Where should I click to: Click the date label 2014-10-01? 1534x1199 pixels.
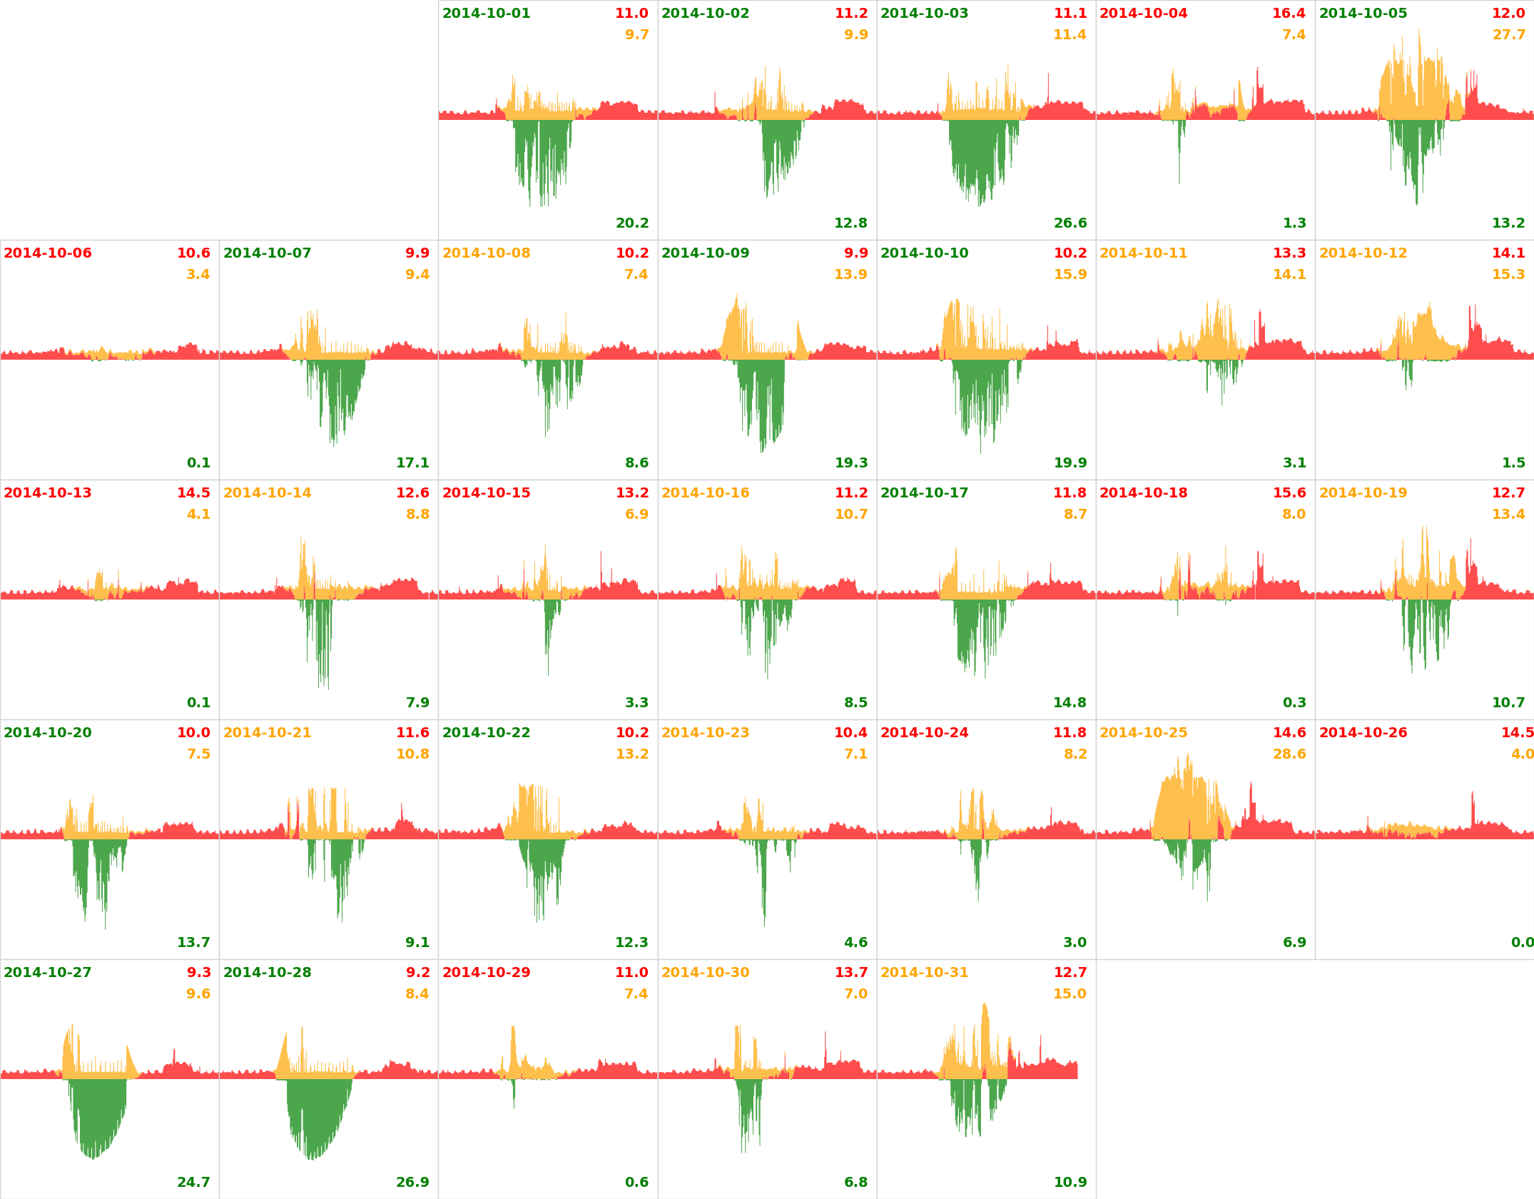click(x=486, y=14)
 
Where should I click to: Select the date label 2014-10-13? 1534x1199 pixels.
click(x=48, y=493)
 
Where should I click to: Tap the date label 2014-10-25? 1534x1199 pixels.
click(x=1143, y=733)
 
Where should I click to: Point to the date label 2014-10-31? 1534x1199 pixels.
click(x=924, y=973)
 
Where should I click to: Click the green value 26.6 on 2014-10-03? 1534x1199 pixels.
click(x=1070, y=223)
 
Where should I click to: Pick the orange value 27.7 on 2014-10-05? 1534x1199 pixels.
click(x=1508, y=35)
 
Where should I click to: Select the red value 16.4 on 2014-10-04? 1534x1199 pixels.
click(x=1289, y=14)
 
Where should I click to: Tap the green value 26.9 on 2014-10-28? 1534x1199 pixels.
click(x=412, y=1183)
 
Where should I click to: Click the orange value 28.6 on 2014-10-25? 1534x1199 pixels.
click(x=1289, y=754)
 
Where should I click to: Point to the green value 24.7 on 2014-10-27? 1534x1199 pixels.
click(x=193, y=1183)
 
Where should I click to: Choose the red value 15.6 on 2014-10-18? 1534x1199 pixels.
click(x=1289, y=493)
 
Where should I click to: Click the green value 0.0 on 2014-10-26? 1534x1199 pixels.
click(x=1522, y=943)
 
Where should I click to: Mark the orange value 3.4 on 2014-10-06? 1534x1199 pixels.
click(x=198, y=275)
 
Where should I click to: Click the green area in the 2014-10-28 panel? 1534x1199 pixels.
click(x=314, y=1113)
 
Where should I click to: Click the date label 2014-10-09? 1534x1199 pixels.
click(x=705, y=253)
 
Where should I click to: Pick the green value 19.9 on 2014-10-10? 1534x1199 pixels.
click(x=1070, y=463)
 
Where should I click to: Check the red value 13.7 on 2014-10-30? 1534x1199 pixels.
click(x=851, y=973)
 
